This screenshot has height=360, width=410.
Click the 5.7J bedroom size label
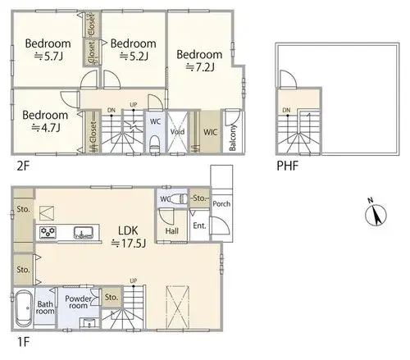48,57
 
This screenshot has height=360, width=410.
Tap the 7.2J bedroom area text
200,67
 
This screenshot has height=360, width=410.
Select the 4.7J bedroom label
46,127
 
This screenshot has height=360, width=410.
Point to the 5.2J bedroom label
134,57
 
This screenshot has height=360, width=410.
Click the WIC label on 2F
210,132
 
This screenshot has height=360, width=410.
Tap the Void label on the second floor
177,132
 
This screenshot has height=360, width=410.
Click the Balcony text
232,138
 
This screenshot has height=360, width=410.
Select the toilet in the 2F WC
155,144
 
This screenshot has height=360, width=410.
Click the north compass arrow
376,215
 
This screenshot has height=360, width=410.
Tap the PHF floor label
288,166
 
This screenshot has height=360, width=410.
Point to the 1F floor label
23,342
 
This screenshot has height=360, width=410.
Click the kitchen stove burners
48,232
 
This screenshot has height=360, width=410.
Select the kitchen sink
84,233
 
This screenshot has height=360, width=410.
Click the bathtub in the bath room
24,308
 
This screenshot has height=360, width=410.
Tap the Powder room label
78,302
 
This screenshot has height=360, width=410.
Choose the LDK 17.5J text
128,237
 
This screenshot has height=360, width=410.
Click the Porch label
221,203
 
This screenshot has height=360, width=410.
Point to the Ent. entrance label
199,226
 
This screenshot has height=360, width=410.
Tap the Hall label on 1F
172,231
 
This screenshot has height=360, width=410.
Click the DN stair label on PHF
286,110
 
